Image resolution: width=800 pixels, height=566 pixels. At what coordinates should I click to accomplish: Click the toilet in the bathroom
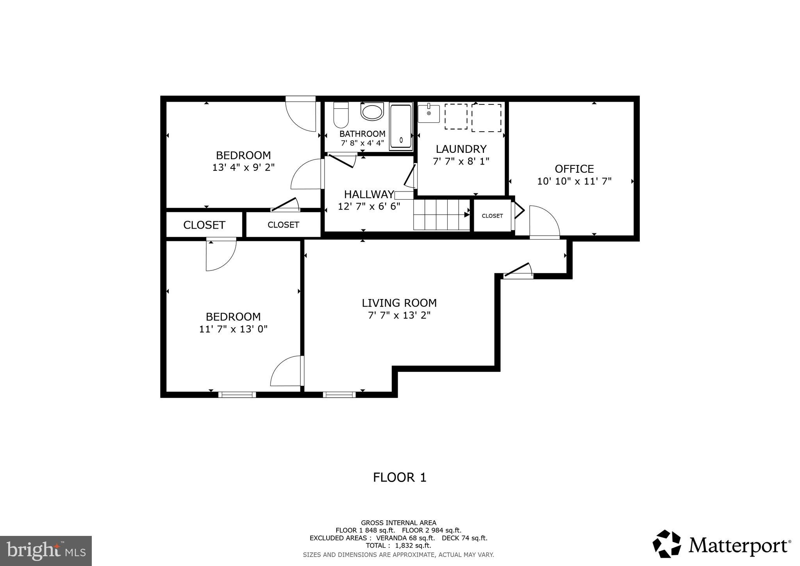(x=341, y=115)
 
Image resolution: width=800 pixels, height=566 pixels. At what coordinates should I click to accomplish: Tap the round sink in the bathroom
(x=372, y=112)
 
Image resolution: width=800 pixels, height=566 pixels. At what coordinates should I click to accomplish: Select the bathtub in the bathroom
(x=401, y=126)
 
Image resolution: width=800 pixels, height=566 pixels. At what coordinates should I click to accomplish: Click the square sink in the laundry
(x=429, y=113)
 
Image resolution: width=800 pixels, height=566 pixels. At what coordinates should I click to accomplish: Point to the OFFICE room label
(x=574, y=169)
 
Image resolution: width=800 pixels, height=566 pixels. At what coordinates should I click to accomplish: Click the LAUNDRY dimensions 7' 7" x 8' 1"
(x=461, y=161)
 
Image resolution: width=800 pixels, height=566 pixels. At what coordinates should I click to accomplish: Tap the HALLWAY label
(x=369, y=194)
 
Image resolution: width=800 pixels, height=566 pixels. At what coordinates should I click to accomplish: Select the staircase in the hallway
(x=441, y=215)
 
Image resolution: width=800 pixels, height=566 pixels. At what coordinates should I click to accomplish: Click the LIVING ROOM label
(x=399, y=303)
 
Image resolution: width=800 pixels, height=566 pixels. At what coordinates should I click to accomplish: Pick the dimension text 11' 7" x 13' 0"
(x=233, y=329)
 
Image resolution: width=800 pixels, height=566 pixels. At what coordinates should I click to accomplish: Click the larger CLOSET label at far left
(x=204, y=225)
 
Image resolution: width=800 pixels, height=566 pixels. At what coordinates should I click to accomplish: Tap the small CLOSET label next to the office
(x=492, y=216)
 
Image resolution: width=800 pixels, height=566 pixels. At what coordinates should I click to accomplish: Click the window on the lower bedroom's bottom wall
(x=237, y=395)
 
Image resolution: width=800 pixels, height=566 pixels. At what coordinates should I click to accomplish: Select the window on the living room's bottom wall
(x=339, y=395)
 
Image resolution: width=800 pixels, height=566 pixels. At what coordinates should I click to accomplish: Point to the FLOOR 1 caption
(x=399, y=477)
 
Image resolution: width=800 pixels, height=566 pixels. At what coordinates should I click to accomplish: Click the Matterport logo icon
(x=666, y=544)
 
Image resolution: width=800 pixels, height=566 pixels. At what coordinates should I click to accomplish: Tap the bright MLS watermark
(x=46, y=551)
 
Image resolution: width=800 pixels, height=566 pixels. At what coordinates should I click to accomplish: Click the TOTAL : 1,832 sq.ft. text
(x=398, y=546)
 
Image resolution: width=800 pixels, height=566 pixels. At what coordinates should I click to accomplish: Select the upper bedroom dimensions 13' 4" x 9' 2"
(x=243, y=168)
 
